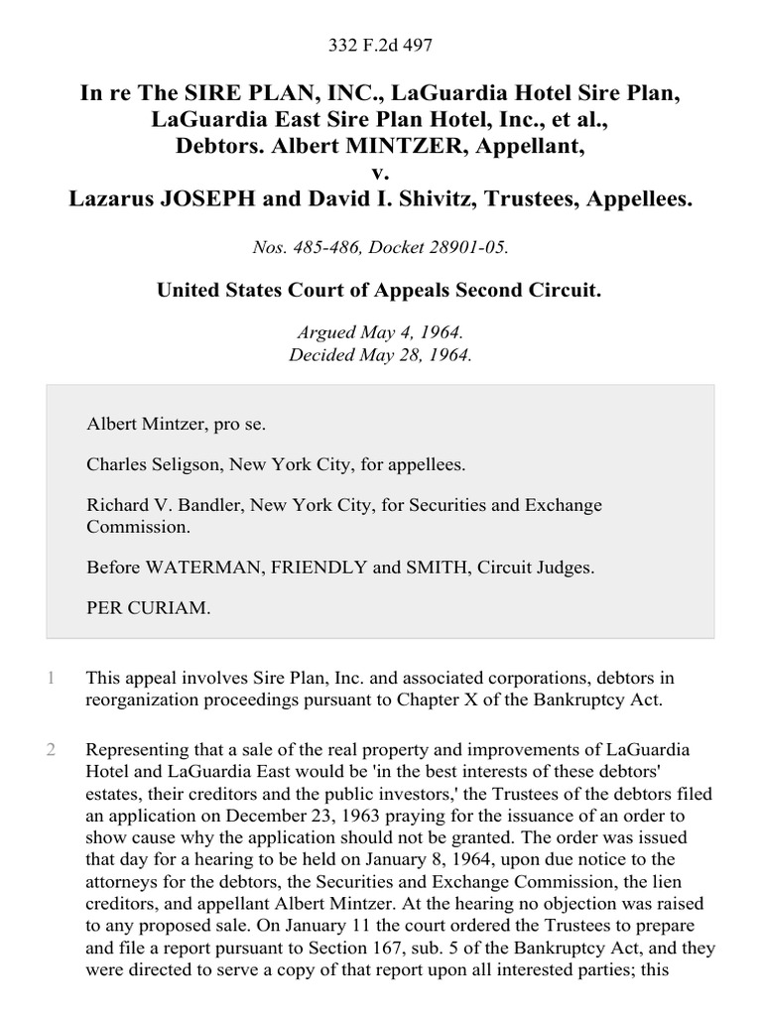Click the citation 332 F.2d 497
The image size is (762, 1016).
(x=381, y=46)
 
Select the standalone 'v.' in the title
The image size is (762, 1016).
(x=381, y=173)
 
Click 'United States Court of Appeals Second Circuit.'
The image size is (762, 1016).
(x=380, y=291)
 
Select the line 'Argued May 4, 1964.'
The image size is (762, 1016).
(x=380, y=333)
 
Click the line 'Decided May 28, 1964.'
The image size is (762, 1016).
(x=380, y=354)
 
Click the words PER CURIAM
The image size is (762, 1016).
(x=149, y=609)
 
